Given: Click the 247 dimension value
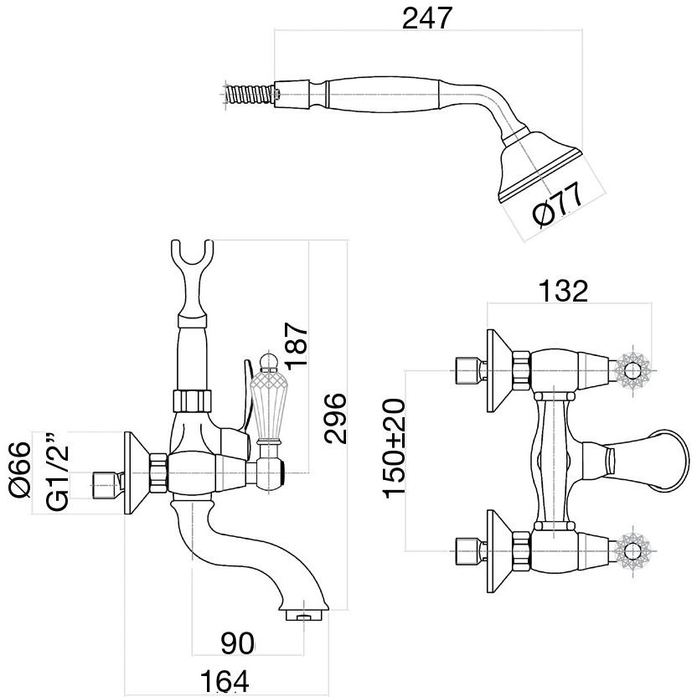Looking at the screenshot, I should pos(427,18).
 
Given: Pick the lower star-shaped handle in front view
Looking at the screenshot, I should pos(630,549).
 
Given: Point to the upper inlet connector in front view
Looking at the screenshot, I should pos(467,368).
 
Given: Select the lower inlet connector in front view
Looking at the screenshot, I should pos(467,550).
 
